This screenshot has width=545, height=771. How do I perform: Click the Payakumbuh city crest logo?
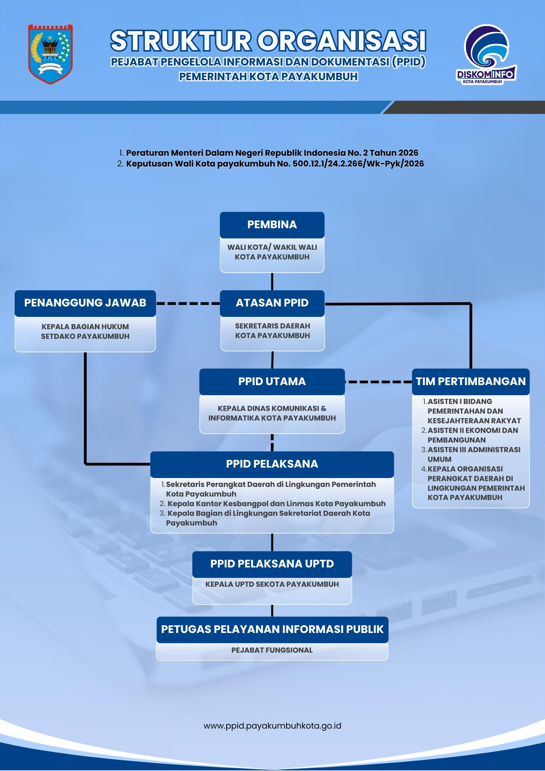click(x=50, y=54)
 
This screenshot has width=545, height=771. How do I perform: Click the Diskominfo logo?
click(x=486, y=54)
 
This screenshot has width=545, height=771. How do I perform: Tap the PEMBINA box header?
click(x=272, y=225)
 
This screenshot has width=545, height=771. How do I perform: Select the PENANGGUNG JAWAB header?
click(x=85, y=303)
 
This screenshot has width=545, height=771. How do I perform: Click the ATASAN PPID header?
click(x=272, y=303)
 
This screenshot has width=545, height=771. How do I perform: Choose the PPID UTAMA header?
click(x=272, y=382)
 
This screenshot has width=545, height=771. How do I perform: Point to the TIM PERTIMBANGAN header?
click(x=471, y=382)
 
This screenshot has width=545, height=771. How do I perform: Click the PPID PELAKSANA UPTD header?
click(x=272, y=564)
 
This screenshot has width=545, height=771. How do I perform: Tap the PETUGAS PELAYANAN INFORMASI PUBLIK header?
click(x=272, y=630)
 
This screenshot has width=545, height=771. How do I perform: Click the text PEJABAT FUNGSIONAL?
click(x=272, y=650)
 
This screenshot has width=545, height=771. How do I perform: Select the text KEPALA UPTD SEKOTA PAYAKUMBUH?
click(x=272, y=584)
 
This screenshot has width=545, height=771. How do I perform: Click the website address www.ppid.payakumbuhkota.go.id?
click(x=272, y=726)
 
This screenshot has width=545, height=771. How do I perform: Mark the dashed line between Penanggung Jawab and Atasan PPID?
click(x=188, y=303)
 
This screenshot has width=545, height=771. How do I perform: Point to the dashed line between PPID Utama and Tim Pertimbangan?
click(x=378, y=382)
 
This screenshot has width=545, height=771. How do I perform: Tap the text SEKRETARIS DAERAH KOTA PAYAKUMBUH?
click(x=272, y=331)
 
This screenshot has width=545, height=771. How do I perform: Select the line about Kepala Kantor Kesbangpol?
click(x=272, y=504)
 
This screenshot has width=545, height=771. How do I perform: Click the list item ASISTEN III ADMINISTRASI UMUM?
click(x=471, y=455)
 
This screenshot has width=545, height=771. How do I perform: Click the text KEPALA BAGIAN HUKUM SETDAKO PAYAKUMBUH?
click(x=85, y=332)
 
